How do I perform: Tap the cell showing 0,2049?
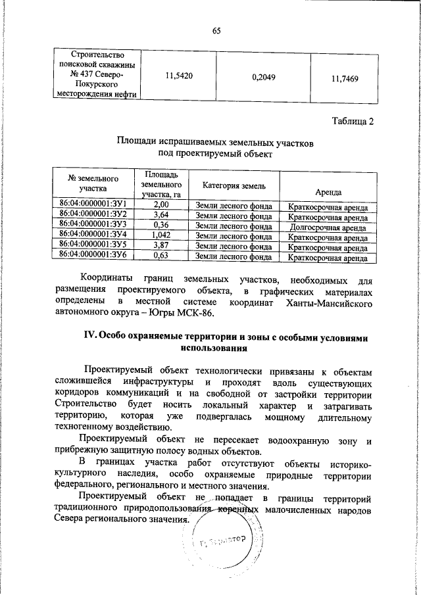pos(263,78)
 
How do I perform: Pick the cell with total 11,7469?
pos(344,78)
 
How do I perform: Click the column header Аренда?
pos(328,191)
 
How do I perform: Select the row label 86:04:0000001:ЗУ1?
pos(93,206)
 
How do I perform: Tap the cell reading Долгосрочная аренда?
pos(328,224)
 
